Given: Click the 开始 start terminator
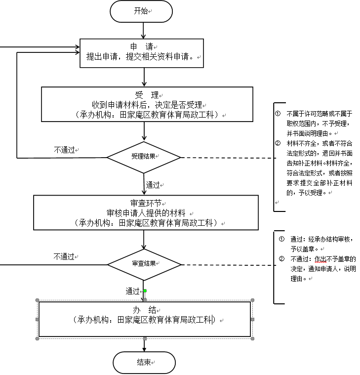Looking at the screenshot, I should [141, 11].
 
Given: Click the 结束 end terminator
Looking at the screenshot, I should [144, 363].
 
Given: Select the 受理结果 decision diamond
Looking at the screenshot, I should [144, 156].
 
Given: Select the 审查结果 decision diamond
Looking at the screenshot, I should [144, 263].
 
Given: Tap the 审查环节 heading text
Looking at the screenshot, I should [146, 203].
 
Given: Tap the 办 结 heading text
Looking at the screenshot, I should [145, 310].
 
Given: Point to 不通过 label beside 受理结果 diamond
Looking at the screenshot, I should [65, 149].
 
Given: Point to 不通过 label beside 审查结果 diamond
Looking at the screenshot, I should [65, 256].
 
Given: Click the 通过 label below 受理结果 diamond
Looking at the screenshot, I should [153, 185].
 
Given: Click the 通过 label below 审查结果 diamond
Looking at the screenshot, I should [133, 292].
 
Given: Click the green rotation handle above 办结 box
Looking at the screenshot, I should [145, 291].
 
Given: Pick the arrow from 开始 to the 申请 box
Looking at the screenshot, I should [144, 30].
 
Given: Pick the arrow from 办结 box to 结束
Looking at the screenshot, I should [145, 345].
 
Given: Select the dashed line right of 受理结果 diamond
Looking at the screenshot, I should [227, 158].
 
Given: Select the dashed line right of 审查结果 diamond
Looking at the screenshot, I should [227, 265].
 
